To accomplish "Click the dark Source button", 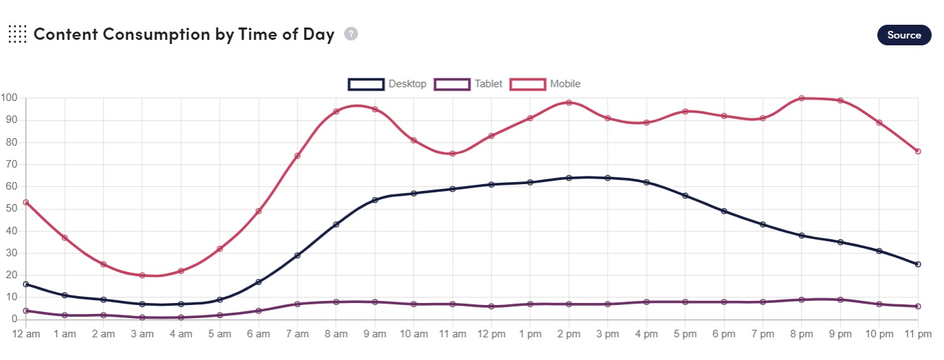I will tap(903, 35).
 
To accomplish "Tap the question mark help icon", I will tap(351, 34).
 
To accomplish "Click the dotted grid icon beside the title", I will tap(17, 34).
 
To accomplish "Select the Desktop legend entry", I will tap(387, 84).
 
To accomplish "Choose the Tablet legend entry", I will tap(469, 84).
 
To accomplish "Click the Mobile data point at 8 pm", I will tap(802, 98).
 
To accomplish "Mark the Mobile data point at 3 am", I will tap(142, 275).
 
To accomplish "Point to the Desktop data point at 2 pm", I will tap(569, 178).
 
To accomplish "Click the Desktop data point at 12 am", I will tap(26, 284).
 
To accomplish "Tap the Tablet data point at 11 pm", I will tap(918, 306).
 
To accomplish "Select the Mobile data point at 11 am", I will tap(453, 153).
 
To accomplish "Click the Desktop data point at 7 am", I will tap(297, 256).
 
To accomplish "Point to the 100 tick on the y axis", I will tap(9, 98).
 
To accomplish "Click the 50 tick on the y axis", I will tap(11, 209).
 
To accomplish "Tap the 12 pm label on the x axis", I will tap(491, 335).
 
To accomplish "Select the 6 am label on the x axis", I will tap(258, 335).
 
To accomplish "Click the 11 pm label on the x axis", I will tap(917, 335).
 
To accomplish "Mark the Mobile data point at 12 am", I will tap(26, 202).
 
